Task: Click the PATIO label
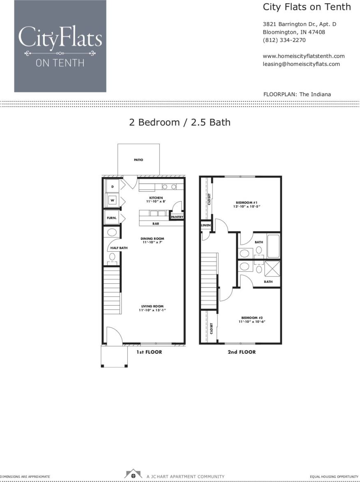click(x=138, y=160)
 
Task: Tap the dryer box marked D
click(x=112, y=186)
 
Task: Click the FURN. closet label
click(x=111, y=218)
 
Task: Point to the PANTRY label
click(x=177, y=217)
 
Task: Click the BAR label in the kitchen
click(x=156, y=224)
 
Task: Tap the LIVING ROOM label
click(x=152, y=306)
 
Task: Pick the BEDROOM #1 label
click(x=246, y=202)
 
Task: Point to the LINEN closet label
click(x=205, y=226)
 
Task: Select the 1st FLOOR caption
click(x=149, y=352)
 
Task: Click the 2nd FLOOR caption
click(x=242, y=352)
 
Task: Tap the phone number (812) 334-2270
click(x=284, y=40)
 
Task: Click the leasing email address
click(x=301, y=64)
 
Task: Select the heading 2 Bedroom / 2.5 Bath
click(x=180, y=122)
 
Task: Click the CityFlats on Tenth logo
click(x=60, y=46)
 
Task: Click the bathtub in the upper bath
click(x=273, y=246)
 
